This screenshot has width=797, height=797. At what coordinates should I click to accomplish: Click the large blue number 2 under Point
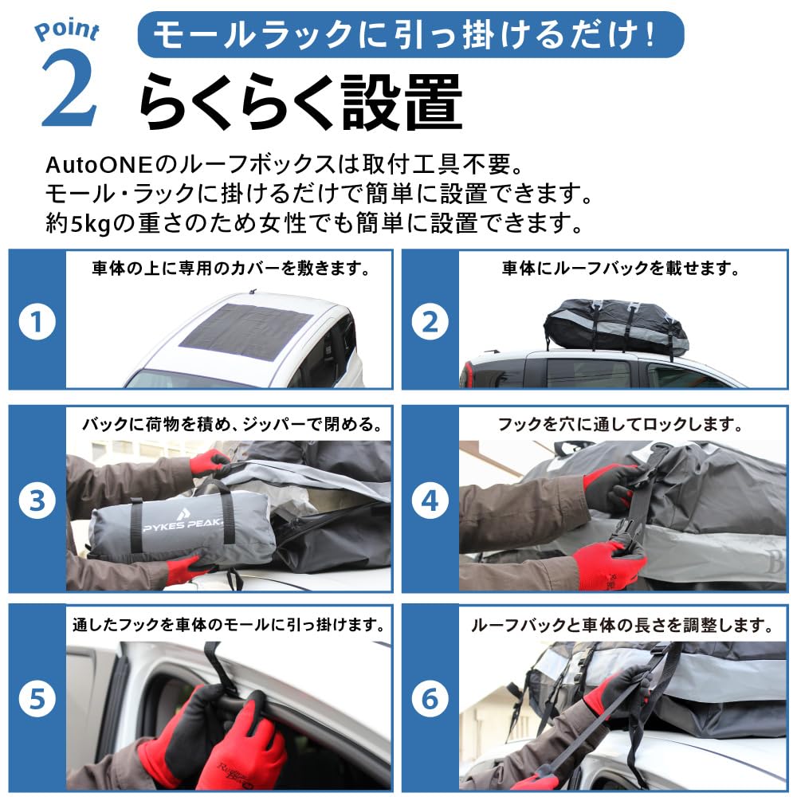click(x=69, y=89)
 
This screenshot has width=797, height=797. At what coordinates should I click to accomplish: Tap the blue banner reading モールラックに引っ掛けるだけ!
click(x=410, y=34)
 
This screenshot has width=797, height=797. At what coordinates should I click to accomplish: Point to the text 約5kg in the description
click(x=78, y=223)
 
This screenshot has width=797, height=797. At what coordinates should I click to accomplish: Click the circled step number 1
click(x=37, y=322)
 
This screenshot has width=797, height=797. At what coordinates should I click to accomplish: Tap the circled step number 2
click(x=430, y=322)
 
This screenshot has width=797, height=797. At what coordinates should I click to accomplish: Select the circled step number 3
click(x=37, y=501)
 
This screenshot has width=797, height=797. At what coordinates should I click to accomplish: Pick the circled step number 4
click(x=430, y=501)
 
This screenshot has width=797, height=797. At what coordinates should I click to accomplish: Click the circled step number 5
click(x=37, y=699)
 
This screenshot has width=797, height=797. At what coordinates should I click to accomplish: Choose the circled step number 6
click(x=430, y=699)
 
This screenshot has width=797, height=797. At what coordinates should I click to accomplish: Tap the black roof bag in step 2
click(x=616, y=327)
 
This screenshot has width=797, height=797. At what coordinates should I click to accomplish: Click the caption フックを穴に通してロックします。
click(x=620, y=424)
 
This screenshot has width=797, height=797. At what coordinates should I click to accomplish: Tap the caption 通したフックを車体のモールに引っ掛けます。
click(x=229, y=625)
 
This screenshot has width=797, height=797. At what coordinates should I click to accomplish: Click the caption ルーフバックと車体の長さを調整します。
click(x=622, y=625)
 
